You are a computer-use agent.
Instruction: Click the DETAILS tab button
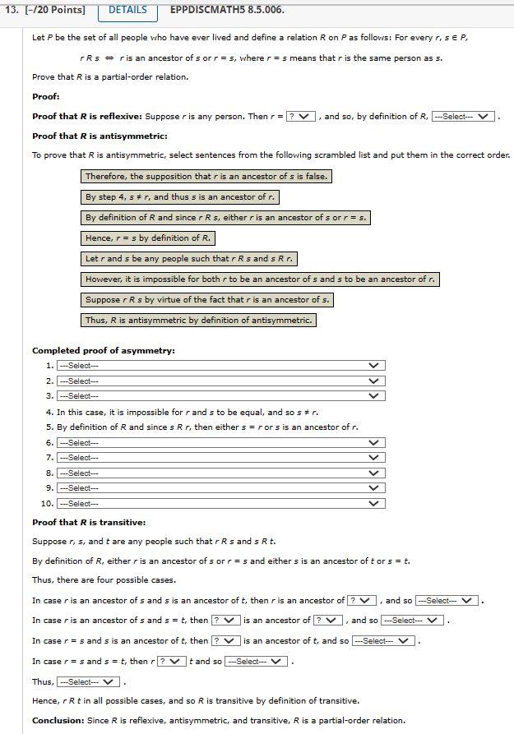(x=127, y=10)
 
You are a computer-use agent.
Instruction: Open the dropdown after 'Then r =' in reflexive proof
(x=301, y=117)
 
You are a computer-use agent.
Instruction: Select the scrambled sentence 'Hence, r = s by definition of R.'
(x=148, y=238)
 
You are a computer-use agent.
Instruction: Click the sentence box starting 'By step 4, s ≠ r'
(x=179, y=197)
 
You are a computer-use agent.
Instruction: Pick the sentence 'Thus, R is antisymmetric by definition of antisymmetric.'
(x=198, y=321)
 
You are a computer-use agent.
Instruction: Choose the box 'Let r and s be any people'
(x=188, y=259)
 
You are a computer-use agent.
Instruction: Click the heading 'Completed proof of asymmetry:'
(x=104, y=351)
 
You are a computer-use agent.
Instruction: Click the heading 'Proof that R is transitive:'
(x=89, y=523)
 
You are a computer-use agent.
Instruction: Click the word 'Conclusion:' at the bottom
(x=57, y=721)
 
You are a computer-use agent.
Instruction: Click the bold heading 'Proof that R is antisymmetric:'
(x=100, y=136)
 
